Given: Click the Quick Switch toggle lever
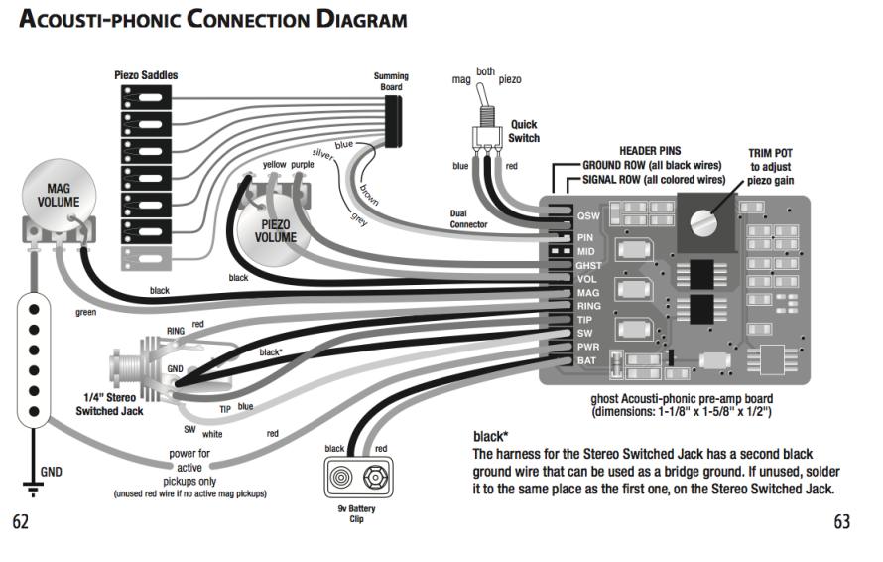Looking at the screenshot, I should (x=486, y=99).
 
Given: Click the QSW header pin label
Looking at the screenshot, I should (x=588, y=215).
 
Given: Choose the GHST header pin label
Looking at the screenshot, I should (x=588, y=266).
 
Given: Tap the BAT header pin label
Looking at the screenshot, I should (x=587, y=360).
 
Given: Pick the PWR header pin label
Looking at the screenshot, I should (x=588, y=347).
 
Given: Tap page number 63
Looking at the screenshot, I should (x=842, y=522).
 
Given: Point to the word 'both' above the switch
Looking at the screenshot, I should (x=486, y=71).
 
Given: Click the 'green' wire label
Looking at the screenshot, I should (x=85, y=312).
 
